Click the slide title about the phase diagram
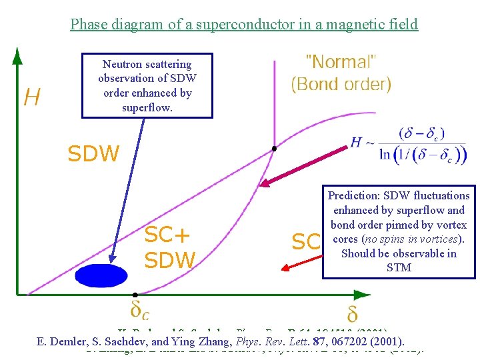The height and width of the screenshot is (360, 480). click(x=244, y=25)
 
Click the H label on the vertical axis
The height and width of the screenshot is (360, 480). click(x=31, y=98)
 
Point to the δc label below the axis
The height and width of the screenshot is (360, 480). click(x=139, y=311)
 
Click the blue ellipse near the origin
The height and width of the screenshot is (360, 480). click(x=101, y=275)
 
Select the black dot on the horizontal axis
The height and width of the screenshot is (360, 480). click(x=135, y=294)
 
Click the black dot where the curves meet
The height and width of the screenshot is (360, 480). click(x=274, y=149)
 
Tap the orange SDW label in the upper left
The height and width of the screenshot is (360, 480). click(x=93, y=155)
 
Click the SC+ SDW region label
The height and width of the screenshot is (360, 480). click(x=169, y=247)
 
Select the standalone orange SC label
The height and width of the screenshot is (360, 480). click(x=306, y=242)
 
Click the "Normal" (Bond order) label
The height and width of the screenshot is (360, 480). click(x=341, y=73)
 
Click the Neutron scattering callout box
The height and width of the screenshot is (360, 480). click(x=147, y=86)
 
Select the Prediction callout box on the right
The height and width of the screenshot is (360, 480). click(x=399, y=231)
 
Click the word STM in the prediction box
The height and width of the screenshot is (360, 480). click(x=399, y=268)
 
